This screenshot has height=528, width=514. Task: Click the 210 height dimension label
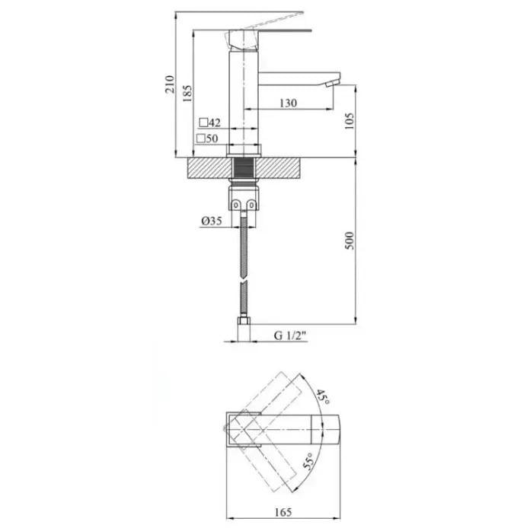(170, 84)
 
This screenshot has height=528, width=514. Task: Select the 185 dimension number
(187, 94)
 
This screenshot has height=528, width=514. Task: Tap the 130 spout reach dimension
(288, 103)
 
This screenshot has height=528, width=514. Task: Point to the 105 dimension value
(350, 121)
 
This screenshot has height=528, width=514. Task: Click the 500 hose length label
(350, 240)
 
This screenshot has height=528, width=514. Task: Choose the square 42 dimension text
(210, 122)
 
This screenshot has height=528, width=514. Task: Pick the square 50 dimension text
(207, 138)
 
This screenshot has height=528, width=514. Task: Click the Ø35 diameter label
(212, 221)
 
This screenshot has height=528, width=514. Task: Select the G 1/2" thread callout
(290, 336)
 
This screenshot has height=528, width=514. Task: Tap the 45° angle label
(323, 397)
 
